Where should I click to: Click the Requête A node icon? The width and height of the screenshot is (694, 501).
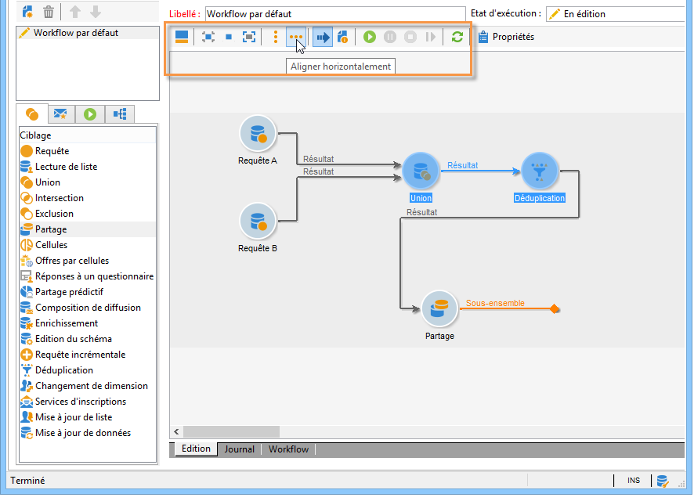coord(258,134)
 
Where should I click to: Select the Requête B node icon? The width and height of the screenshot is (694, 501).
coord(258,222)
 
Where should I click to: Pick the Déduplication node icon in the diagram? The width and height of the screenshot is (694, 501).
coord(540,171)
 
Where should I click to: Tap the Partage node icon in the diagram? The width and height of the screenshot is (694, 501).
coord(439,308)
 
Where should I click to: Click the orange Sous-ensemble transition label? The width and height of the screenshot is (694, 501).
coord(495,303)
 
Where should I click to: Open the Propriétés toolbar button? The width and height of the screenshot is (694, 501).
coord(507,37)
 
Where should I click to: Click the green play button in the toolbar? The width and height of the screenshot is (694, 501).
coord(370,37)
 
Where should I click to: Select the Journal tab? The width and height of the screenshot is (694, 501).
coord(240,449)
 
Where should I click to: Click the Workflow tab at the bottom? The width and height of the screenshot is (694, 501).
coord(288,449)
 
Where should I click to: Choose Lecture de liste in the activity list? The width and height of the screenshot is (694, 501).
coord(66,167)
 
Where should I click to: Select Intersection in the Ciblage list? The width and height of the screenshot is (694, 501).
coord(59,198)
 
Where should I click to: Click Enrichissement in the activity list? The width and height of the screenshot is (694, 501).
coord(67,323)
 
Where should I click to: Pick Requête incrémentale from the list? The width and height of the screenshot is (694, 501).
coord(80,355)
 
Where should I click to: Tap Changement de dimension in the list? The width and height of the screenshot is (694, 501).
coord(91,386)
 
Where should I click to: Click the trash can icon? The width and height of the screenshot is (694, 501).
coord(49,12)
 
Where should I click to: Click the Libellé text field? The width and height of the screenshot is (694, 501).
coord(334,14)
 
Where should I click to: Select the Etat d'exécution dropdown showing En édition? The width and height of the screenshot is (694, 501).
coord(615,14)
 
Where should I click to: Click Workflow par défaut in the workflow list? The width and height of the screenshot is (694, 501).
coord(76,33)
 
